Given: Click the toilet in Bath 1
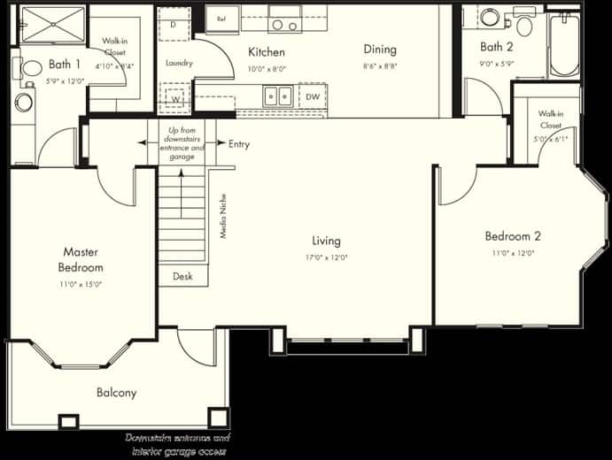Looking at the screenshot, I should pyautogui.click(x=29, y=68).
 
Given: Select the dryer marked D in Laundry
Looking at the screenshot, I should pyautogui.click(x=174, y=26).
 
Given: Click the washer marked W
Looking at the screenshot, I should pyautogui.click(x=177, y=98).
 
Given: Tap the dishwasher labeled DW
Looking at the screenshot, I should pyautogui.click(x=312, y=96).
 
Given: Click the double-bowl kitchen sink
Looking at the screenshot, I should pyautogui.click(x=278, y=96).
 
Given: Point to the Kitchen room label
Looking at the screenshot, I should pyautogui.click(x=266, y=51).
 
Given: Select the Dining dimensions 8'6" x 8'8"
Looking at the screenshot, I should pyautogui.click(x=379, y=66).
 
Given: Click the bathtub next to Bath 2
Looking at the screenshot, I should pyautogui.click(x=563, y=44).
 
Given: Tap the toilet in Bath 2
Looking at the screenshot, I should pyautogui.click(x=524, y=24).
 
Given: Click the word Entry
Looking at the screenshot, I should pyautogui.click(x=239, y=144).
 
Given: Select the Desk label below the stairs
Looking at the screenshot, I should pyautogui.click(x=182, y=277).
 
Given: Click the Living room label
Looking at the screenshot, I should pyautogui.click(x=326, y=241).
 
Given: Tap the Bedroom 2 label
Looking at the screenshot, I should pyautogui.click(x=513, y=236).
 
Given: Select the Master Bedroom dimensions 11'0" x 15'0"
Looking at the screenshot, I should pyautogui.click(x=81, y=284).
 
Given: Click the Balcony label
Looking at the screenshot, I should pyautogui.click(x=117, y=393).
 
